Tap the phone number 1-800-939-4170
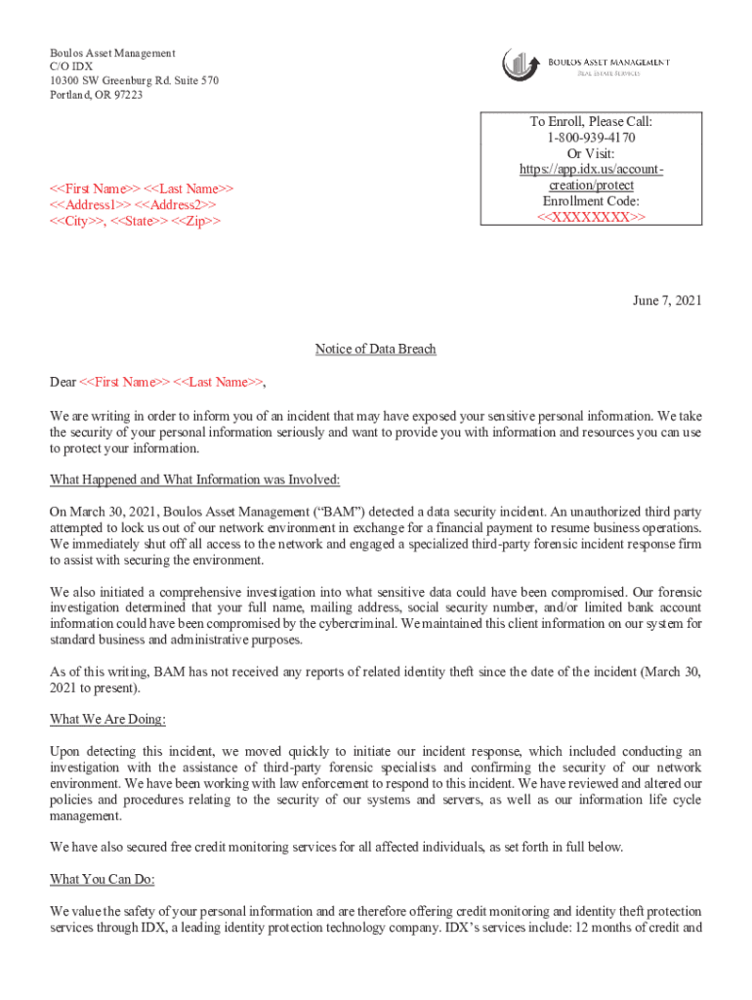tap(591, 138)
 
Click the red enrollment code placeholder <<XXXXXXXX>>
tap(591, 216)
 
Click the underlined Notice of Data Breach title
tap(375, 349)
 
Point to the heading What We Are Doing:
tap(108, 720)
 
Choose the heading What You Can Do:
tap(103, 879)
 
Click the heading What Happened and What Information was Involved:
tap(195, 479)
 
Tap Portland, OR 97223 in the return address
tap(97, 95)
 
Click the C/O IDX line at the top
tap(72, 66)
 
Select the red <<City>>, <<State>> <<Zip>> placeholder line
tap(136, 221)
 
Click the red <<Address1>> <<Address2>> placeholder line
tap(134, 204)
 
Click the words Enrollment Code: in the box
tap(591, 200)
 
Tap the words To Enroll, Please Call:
tap(591, 122)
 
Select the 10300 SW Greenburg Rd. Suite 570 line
tap(135, 80)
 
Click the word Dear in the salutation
tap(63, 382)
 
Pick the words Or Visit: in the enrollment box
tap(591, 153)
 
